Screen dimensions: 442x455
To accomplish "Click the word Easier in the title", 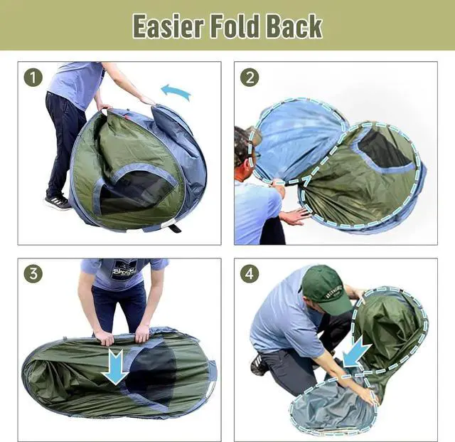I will (x=168, y=26).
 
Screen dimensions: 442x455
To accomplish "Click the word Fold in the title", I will (x=235, y=26).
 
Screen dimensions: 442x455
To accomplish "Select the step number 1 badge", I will (x=33, y=77).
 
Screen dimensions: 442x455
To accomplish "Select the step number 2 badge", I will (x=249, y=77).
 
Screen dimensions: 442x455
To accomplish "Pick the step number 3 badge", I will (x=33, y=273).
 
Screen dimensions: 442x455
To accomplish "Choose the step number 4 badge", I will (x=249, y=273).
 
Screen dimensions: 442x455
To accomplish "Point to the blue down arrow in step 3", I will (x=114, y=366).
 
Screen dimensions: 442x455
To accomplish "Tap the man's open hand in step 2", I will (x=294, y=216).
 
